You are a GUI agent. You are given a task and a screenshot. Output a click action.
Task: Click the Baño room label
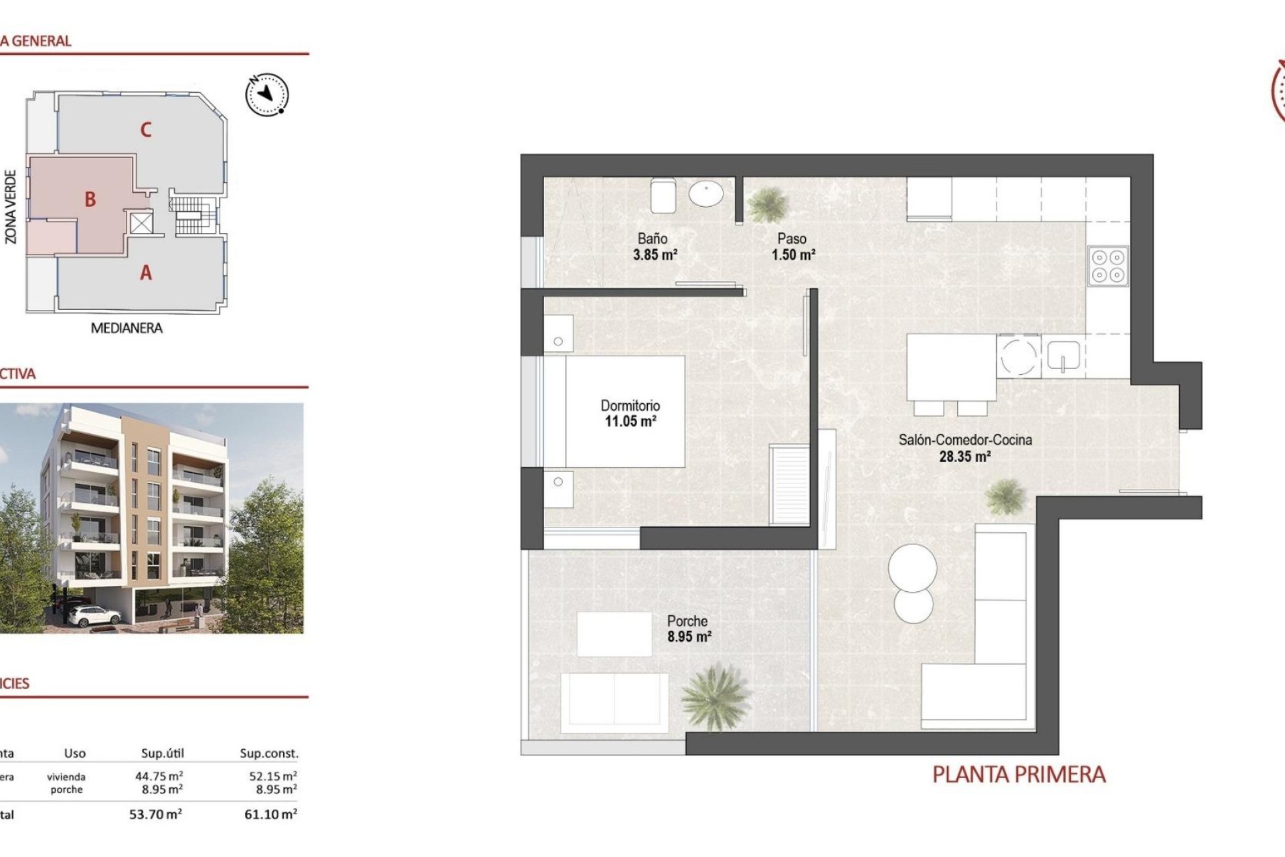tap(652, 238)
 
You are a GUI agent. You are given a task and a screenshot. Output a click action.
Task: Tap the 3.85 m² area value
tap(655, 255)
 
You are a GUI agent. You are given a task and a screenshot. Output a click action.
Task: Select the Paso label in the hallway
tap(792, 238)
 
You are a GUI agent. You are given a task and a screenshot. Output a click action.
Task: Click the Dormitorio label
tap(630, 406)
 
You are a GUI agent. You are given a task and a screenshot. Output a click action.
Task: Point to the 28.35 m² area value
tap(964, 457)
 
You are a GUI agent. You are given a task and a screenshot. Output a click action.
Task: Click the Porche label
tap(687, 621)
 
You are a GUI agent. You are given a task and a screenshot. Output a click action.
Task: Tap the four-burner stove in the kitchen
tap(1108, 266)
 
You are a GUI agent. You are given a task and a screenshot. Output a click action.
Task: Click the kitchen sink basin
tap(1063, 356)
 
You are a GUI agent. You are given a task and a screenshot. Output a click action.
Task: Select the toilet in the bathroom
tap(663, 194)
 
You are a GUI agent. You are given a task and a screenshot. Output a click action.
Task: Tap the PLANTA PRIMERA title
tap(1019, 775)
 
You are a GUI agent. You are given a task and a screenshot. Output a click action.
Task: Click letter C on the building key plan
tap(146, 129)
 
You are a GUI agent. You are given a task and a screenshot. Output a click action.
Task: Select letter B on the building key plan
tap(90, 199)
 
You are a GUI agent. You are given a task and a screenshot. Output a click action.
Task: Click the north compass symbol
tap(267, 94)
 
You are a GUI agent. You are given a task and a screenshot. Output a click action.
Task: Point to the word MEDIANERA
tap(126, 328)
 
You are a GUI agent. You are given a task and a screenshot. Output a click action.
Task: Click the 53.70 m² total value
tap(155, 815)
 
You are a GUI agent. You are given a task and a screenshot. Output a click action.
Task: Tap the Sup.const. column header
tap(269, 754)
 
